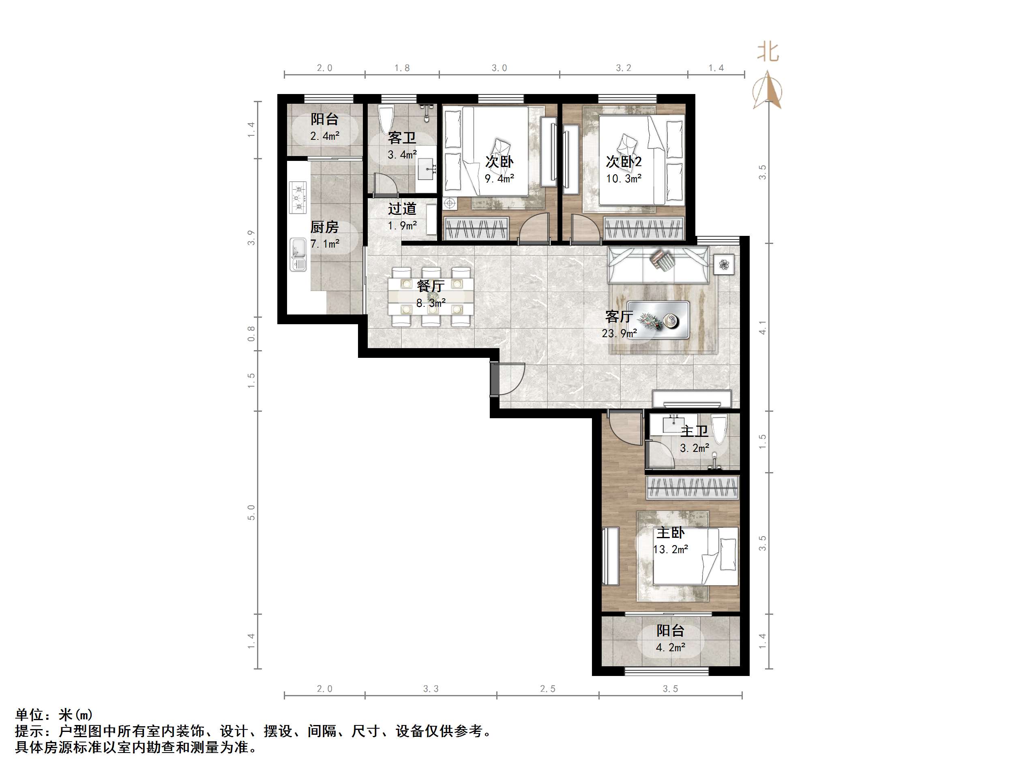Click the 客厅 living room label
[619, 317]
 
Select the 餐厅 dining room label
[431, 286]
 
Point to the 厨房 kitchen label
[324, 227]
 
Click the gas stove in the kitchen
[298, 197]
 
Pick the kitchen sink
[298, 255]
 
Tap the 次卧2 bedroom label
[624, 162]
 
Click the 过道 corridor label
[402, 209]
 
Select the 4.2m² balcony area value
[671, 647]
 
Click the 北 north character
[768, 51]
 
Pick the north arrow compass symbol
[768, 90]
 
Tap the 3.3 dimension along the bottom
[431, 689]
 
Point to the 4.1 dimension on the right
[762, 327]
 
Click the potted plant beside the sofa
[724, 265]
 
